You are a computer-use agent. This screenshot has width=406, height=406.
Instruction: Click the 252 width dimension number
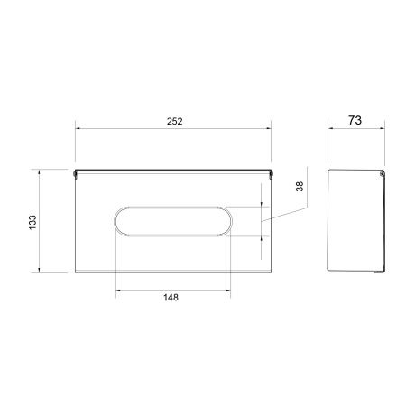(175, 121)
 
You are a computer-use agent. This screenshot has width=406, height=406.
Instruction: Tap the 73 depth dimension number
(355, 120)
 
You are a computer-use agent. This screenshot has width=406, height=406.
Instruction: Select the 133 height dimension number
(32, 222)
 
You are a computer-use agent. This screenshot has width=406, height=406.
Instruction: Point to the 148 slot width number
(171, 298)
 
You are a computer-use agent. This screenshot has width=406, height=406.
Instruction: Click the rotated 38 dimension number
(300, 187)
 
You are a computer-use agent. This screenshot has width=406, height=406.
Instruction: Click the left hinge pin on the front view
(75, 174)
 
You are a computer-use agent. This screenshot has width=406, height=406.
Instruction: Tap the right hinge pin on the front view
(271, 174)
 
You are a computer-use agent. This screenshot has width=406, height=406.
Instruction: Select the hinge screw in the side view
(382, 173)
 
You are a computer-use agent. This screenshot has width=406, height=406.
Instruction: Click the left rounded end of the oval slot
(115, 221)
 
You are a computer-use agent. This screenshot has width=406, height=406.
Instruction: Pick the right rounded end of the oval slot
(232, 221)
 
